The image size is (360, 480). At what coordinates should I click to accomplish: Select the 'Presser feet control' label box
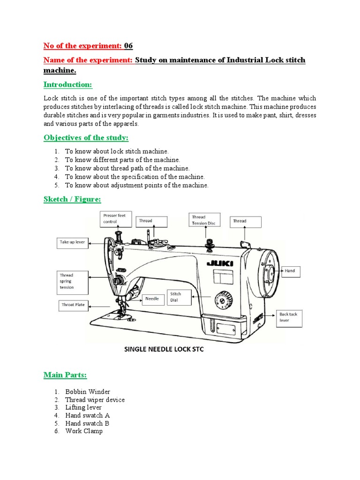click(114, 218)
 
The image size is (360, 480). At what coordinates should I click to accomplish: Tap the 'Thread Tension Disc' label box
click(206, 220)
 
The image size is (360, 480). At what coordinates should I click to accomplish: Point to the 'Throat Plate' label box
click(73, 305)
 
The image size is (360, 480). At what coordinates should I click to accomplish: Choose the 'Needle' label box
click(152, 299)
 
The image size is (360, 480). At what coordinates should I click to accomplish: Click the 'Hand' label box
click(292, 271)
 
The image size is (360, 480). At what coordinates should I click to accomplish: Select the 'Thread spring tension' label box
click(73, 281)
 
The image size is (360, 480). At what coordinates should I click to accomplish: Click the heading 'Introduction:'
click(68, 85)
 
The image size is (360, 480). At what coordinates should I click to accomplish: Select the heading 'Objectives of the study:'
click(86, 137)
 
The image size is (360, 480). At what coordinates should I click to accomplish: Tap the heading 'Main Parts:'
click(65, 375)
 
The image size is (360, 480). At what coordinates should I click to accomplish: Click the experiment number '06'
click(128, 45)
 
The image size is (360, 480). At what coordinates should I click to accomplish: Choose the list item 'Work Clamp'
click(84, 431)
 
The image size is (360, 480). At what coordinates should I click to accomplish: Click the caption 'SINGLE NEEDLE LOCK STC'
click(164, 350)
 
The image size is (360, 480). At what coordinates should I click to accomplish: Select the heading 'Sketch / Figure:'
click(72, 200)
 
